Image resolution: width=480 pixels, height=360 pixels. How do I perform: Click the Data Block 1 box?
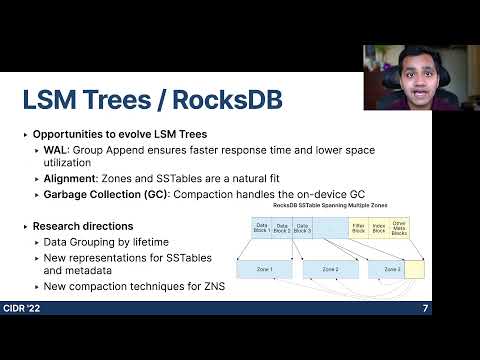(x=261, y=229)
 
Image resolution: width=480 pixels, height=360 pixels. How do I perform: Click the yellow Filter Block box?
(x=359, y=229)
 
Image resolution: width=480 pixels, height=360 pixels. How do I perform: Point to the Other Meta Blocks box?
(x=401, y=229)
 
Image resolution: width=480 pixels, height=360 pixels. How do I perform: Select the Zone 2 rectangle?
(x=330, y=270)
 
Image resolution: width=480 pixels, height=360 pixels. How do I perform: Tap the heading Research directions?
(x=85, y=226)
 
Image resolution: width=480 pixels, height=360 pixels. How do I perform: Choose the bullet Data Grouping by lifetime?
(x=105, y=242)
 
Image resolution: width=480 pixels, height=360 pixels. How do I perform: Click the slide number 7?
(x=425, y=308)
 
